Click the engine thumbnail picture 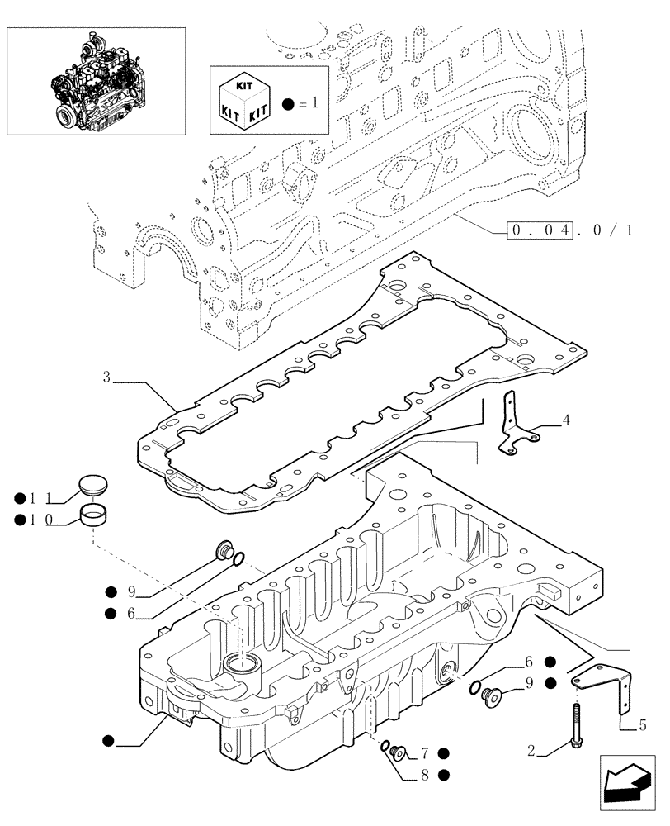[96, 80]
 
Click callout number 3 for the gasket [107, 378]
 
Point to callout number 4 [567, 420]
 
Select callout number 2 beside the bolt [532, 751]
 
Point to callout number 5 [642, 727]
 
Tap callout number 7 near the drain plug [424, 752]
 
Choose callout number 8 [424, 775]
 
